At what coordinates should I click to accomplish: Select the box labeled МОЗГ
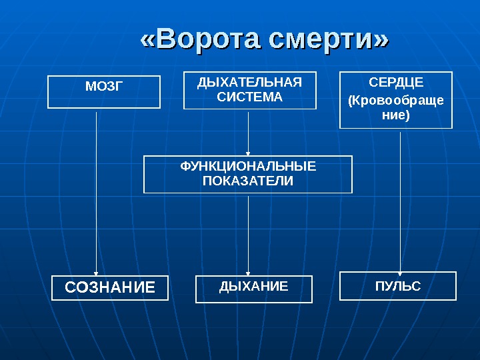click(104, 92)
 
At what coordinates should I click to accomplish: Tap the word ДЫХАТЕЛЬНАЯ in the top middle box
click(249, 83)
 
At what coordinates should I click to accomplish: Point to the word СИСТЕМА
click(249, 97)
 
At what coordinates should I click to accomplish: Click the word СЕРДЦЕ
click(396, 83)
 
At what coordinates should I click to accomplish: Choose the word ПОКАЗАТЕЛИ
click(248, 181)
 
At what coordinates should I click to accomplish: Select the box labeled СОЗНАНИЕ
click(111, 287)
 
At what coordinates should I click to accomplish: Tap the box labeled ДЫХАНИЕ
click(254, 289)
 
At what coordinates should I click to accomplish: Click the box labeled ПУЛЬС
click(398, 286)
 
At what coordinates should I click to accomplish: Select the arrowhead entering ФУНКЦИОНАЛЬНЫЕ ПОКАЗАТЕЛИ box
click(248, 152)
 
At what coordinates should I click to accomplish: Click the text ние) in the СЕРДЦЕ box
click(396, 115)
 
